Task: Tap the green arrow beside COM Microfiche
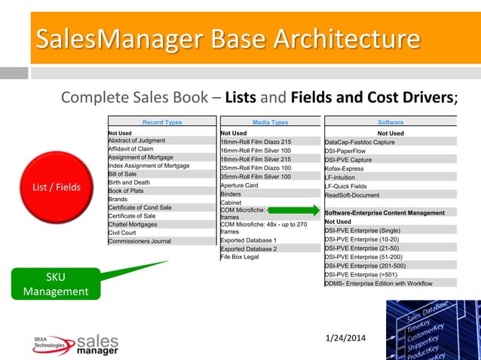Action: pos(294,211)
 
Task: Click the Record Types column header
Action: pos(162,122)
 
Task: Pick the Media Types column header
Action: pos(270,122)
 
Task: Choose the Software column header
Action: pos(391,122)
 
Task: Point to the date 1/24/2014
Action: pos(344,337)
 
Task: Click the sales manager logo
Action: pos(75,344)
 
